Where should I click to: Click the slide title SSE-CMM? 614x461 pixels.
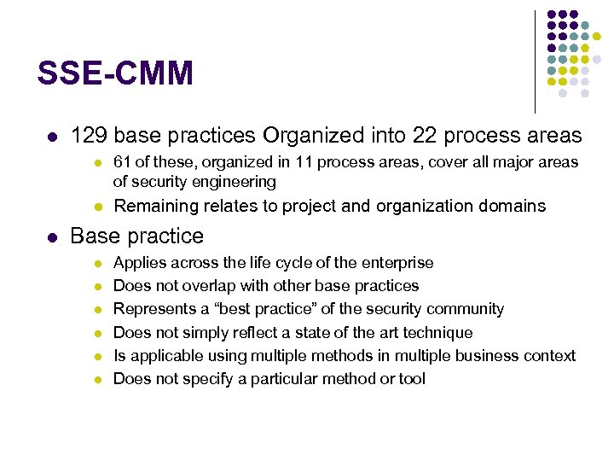pyautogui.click(x=115, y=73)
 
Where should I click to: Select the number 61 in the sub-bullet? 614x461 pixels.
pyautogui.click(x=122, y=162)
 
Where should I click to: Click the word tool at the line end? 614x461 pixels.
pyautogui.click(x=412, y=378)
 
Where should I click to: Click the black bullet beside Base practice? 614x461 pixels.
pyautogui.click(x=51, y=236)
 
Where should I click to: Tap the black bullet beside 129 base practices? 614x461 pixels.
pyautogui.click(x=51, y=137)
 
